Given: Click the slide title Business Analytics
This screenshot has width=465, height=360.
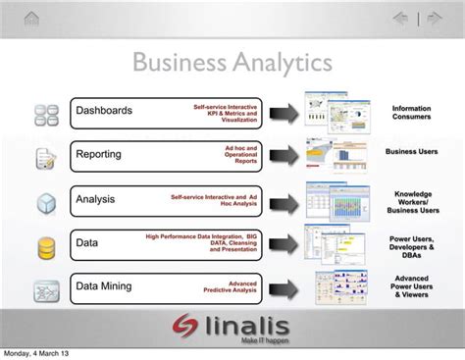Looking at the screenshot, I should coord(232,63).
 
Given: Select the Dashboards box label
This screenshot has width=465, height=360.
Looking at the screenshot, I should coord(104,111).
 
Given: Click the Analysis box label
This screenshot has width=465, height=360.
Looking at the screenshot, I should coord(95,199).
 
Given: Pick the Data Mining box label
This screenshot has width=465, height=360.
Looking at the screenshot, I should coord(105,286).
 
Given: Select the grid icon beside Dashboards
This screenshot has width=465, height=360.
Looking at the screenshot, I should coord(45,114).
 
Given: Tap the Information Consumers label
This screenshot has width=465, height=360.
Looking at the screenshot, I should coord(411,113).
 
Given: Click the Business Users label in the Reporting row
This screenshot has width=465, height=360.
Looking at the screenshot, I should coord(411,152).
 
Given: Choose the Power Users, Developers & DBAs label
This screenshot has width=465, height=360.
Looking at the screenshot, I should coord(411,243).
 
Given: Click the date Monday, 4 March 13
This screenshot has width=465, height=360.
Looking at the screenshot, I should coord(35,353).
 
